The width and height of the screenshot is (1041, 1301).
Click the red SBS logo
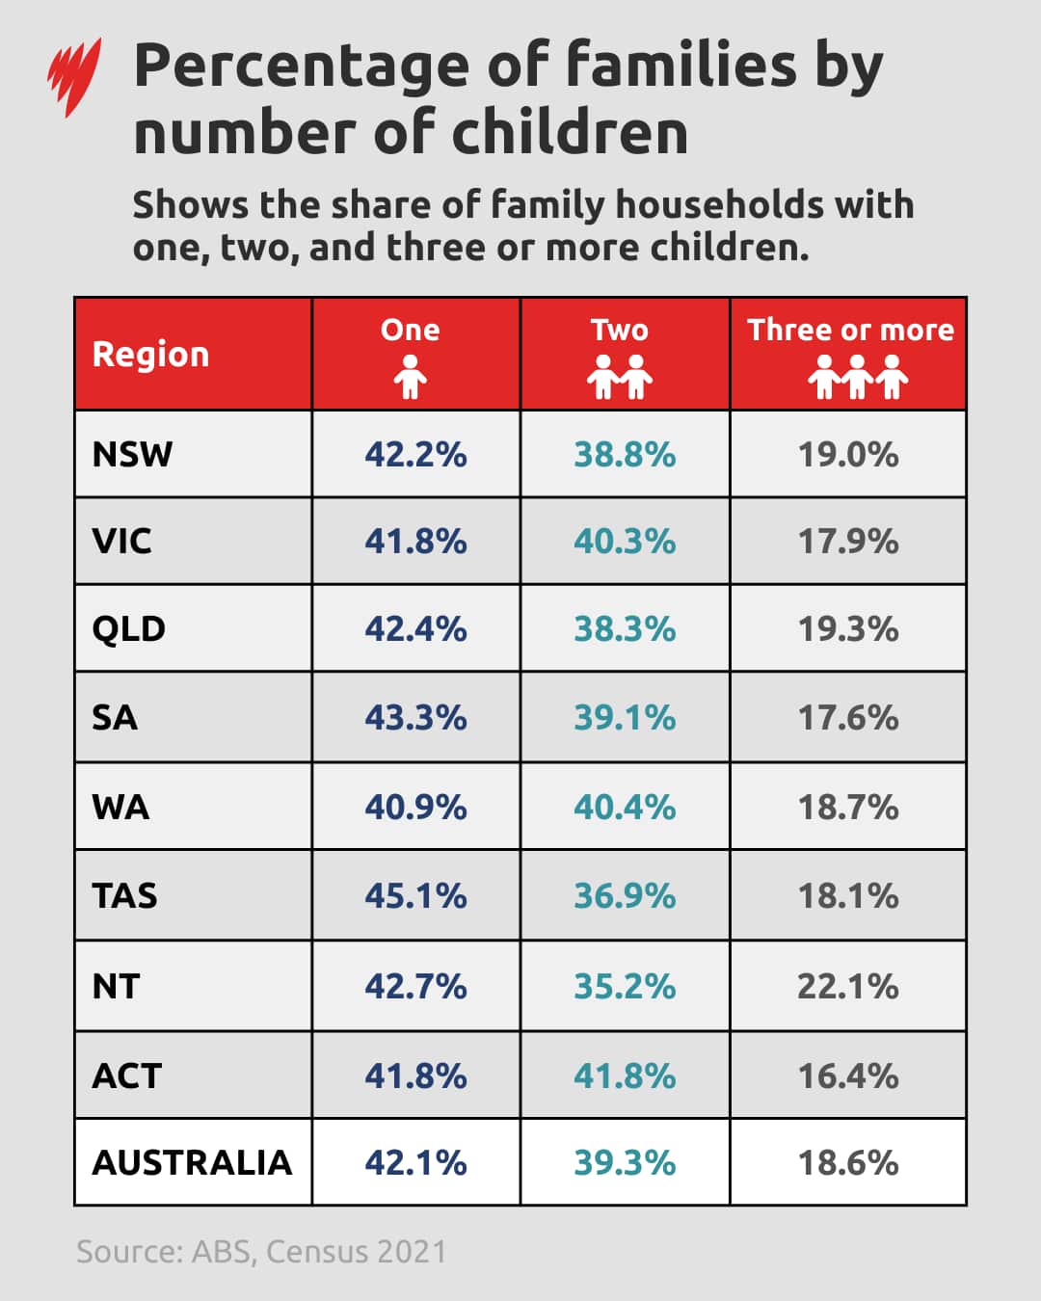click(74, 76)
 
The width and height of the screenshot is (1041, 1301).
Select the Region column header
click(150, 355)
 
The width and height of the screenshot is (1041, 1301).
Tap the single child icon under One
click(410, 377)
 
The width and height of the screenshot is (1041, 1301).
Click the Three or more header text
click(849, 330)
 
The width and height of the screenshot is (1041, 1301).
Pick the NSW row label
click(132, 454)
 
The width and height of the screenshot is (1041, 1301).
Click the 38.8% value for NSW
click(625, 454)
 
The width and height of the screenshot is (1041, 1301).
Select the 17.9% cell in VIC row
click(847, 541)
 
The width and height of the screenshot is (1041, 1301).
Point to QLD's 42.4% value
click(415, 628)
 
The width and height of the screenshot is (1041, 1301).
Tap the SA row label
click(115, 717)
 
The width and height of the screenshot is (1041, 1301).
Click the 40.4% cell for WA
click(625, 807)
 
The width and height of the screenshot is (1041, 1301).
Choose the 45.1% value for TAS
click(415, 895)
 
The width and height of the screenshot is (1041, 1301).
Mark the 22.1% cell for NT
click(847, 986)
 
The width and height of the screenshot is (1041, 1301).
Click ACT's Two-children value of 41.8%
click(625, 1075)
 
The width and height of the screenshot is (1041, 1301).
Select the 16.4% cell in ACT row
click(847, 1075)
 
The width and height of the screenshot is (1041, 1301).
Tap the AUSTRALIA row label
click(192, 1162)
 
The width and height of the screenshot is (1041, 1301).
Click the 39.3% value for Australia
click(625, 1162)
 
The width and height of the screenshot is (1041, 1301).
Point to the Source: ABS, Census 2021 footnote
click(261, 1251)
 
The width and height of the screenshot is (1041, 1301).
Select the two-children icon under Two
click(620, 377)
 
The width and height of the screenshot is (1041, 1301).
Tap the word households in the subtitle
click(719, 204)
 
